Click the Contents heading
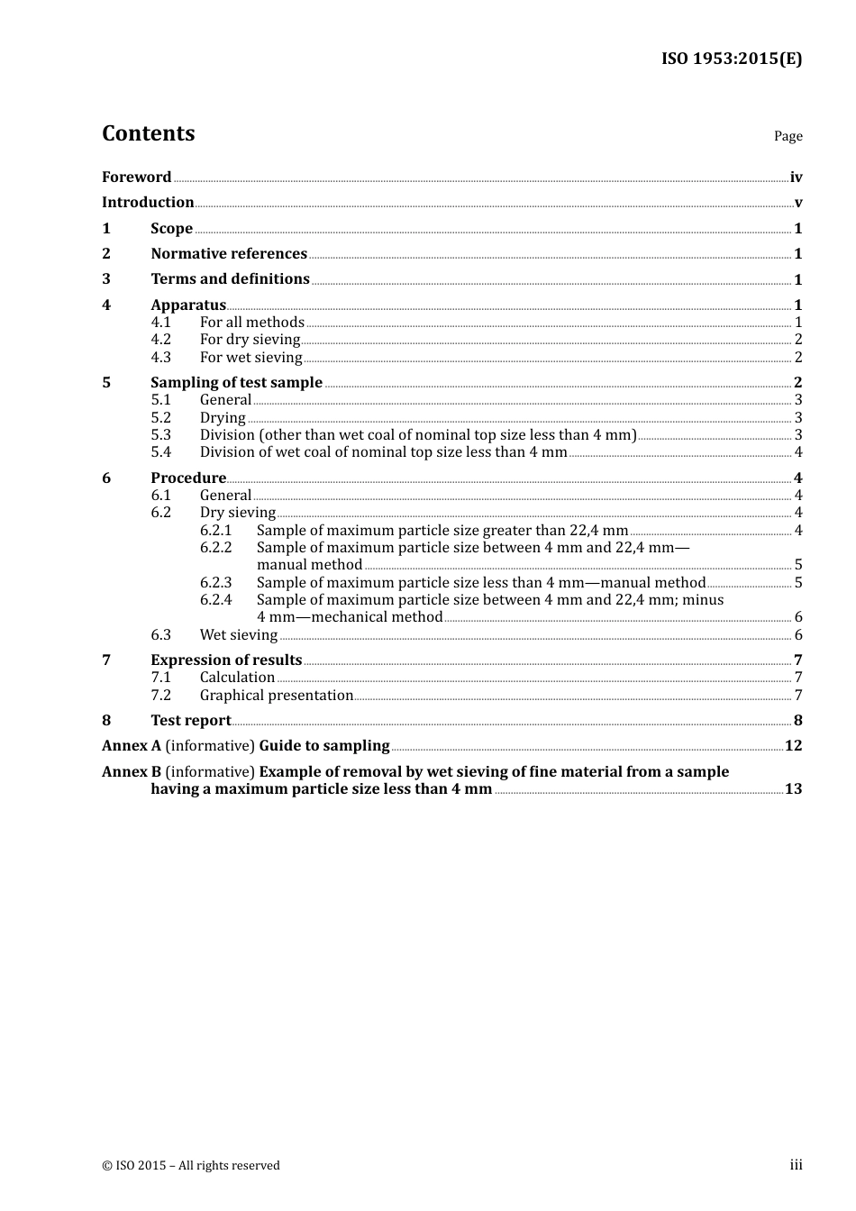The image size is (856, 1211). pyautogui.click(x=148, y=133)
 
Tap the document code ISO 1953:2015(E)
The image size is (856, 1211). pyautogui.click(x=731, y=59)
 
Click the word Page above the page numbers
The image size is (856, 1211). pyautogui.click(x=788, y=136)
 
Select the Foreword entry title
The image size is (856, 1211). pyautogui.click(x=136, y=177)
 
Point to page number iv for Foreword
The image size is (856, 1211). pyautogui.click(x=796, y=178)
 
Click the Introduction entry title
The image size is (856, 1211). pyautogui.click(x=148, y=202)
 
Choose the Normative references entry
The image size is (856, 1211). pyautogui.click(x=229, y=253)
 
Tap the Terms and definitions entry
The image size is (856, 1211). pyautogui.click(x=230, y=278)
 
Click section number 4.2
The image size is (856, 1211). pyautogui.click(x=160, y=339)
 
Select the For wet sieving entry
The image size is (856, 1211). pyautogui.click(x=250, y=357)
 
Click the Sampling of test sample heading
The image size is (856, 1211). pyautogui.click(x=236, y=382)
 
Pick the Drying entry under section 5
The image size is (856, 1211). pyautogui.click(x=223, y=417)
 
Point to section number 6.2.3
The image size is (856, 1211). pyautogui.click(x=215, y=582)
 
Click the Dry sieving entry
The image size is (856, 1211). pyautogui.click(x=237, y=512)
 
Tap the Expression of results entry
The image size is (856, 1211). pyautogui.click(x=226, y=660)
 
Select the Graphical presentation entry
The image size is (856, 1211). pyautogui.click(x=276, y=695)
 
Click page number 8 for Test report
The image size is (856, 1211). pyautogui.click(x=797, y=720)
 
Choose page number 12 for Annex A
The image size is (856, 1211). pyautogui.click(x=793, y=745)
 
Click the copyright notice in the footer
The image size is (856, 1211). pyautogui.click(x=191, y=1165)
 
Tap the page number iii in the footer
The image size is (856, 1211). pyautogui.click(x=796, y=1164)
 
